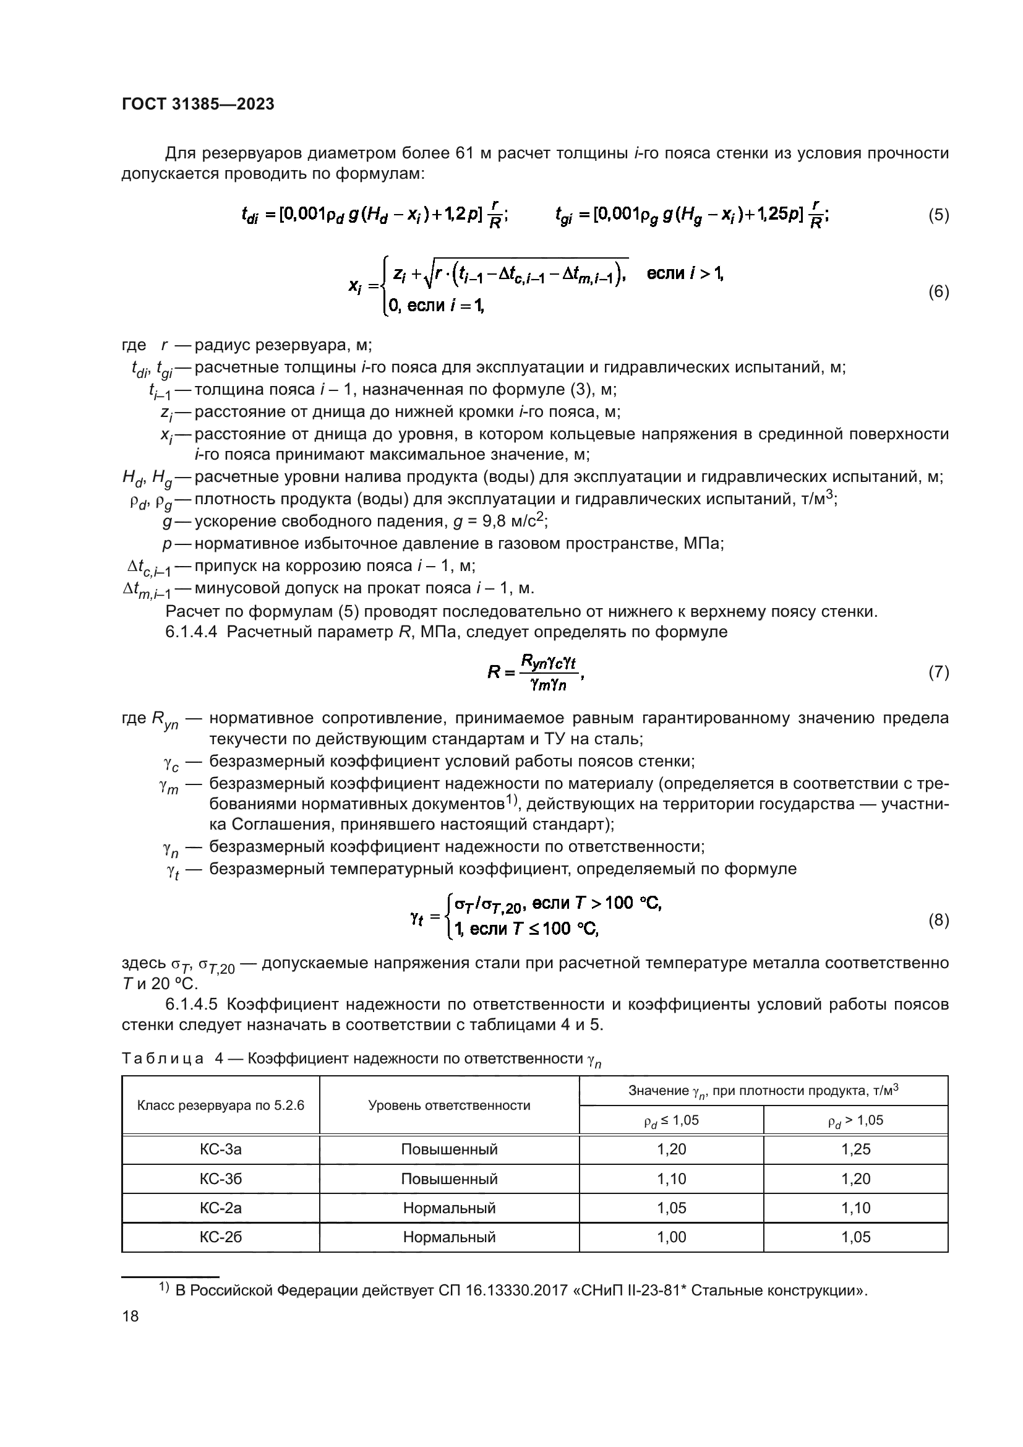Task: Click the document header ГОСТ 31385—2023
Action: coord(198,105)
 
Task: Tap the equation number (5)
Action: coord(938,215)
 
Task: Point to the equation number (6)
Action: coord(938,292)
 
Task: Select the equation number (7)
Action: coord(938,672)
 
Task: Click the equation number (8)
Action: coord(938,921)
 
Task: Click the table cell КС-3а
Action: coord(220,1149)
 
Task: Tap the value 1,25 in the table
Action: coord(855,1149)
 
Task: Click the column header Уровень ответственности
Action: coord(448,1105)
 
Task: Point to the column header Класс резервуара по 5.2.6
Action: coord(220,1105)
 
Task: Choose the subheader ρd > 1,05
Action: coord(855,1120)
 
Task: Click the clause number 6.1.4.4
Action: coord(191,632)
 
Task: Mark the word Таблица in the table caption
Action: coord(163,1058)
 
